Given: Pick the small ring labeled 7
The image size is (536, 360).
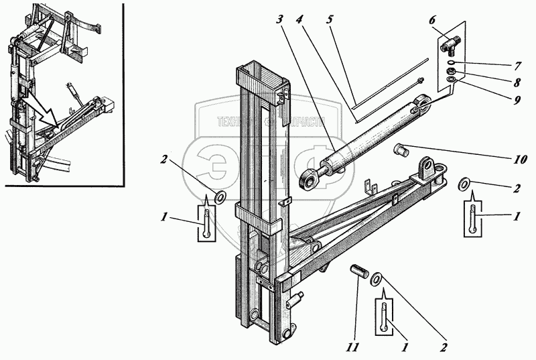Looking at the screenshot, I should tap(453, 64).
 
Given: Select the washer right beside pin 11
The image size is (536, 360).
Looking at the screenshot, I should tap(377, 277).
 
